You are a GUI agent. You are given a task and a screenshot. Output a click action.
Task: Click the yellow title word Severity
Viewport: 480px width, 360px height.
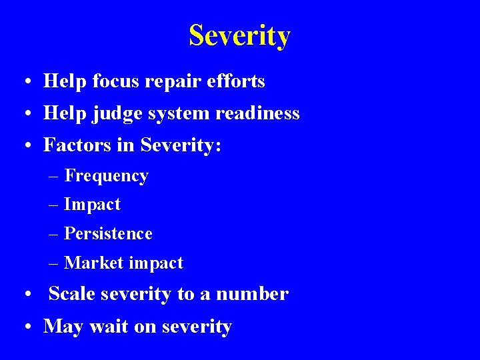239,35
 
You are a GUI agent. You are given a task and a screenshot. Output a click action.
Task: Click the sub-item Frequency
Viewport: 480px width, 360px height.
106,177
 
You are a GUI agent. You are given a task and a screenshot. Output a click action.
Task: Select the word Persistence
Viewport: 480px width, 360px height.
108,234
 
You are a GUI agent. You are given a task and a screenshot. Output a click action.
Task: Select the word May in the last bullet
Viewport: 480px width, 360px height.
63,327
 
